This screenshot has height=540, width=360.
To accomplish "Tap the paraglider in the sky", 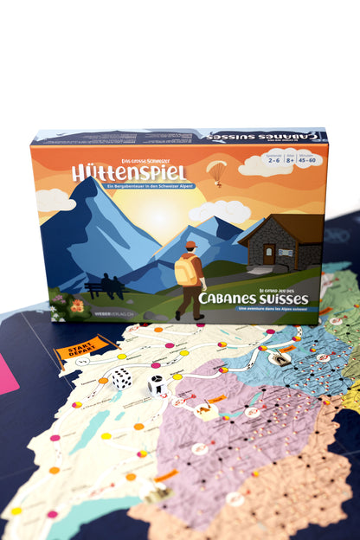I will [x=216, y=170].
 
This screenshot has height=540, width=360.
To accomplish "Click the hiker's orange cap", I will [x=190, y=245].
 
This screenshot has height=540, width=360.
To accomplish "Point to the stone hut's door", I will [x=270, y=254].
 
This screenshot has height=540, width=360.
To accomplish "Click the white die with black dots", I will [x=121, y=378].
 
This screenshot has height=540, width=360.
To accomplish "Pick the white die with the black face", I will [x=157, y=384].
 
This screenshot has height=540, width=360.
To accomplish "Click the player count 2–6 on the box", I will [x=249, y=158].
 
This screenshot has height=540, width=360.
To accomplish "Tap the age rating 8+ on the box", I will [x=277, y=158].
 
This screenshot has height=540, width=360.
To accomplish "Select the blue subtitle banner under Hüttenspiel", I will [x=150, y=186].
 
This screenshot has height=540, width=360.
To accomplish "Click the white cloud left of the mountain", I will [x=55, y=200].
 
